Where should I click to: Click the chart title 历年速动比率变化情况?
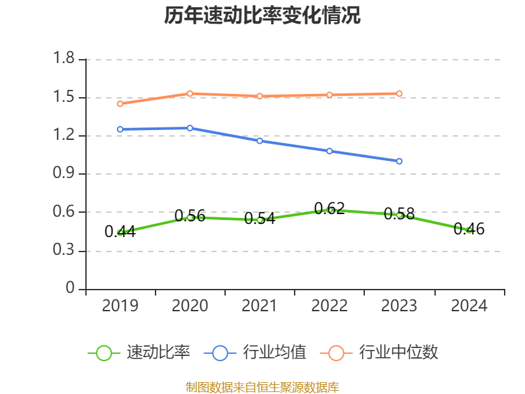tap(262, 16)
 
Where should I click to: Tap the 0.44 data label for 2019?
tap(120, 231)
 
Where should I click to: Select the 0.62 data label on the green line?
tap(329, 209)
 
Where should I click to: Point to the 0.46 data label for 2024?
tap(469, 229)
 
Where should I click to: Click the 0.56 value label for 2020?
tap(190, 215)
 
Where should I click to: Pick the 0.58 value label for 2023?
tap(399, 213)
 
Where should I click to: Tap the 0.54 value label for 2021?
tap(259, 219)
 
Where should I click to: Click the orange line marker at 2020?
tap(190, 93)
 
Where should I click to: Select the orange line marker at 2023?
tap(399, 93)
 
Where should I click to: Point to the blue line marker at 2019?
tap(120, 129)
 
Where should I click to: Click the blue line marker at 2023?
tap(399, 161)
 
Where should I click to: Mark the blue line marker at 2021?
tap(260, 141)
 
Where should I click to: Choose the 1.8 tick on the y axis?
tap(66, 60)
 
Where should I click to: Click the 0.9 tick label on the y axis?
tap(66, 174)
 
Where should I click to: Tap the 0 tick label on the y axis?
tap(71, 289)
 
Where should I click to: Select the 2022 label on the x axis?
tap(329, 306)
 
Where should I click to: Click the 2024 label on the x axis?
tap(469, 306)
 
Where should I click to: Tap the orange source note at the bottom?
tap(262, 387)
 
